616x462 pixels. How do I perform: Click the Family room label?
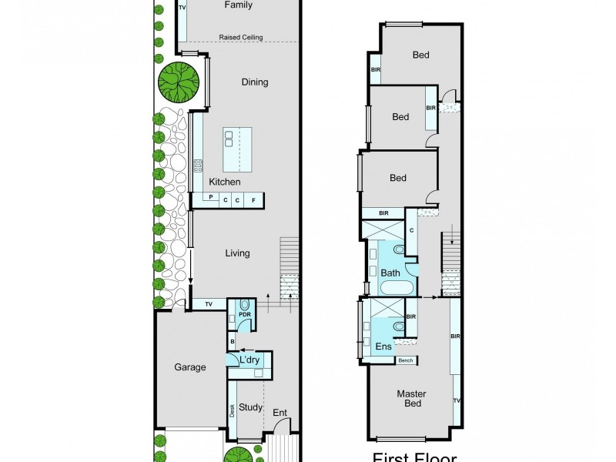click(238, 5)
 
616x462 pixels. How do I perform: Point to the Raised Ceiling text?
click(241, 37)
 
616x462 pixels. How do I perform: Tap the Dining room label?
click(255, 82)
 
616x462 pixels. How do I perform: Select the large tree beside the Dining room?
click(179, 81)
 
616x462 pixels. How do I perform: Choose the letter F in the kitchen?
click(253, 200)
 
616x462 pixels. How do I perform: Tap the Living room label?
click(237, 253)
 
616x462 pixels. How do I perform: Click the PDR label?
click(245, 314)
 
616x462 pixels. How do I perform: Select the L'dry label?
click(249, 360)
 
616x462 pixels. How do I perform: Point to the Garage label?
click(189, 367)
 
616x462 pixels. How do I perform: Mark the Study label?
click(251, 407)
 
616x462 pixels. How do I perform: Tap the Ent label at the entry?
click(280, 413)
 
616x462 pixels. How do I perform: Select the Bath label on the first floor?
click(390, 273)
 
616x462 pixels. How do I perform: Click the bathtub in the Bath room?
click(396, 290)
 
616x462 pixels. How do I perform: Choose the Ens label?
click(383, 346)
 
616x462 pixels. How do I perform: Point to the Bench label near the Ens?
click(406, 360)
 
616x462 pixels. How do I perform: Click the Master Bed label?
click(411, 399)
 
